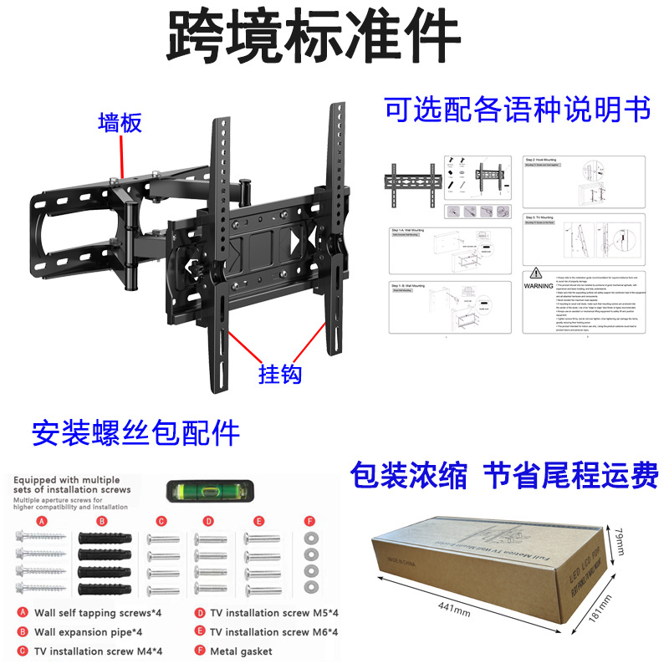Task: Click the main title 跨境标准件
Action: click(x=314, y=38)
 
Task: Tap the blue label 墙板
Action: click(x=120, y=123)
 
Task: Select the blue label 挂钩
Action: click(x=279, y=373)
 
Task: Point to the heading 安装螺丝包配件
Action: click(x=135, y=433)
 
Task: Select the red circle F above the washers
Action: click(x=310, y=519)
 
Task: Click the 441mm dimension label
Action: click(x=453, y=606)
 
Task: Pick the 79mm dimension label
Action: click(x=620, y=534)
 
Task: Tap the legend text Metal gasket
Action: click(x=241, y=651)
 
